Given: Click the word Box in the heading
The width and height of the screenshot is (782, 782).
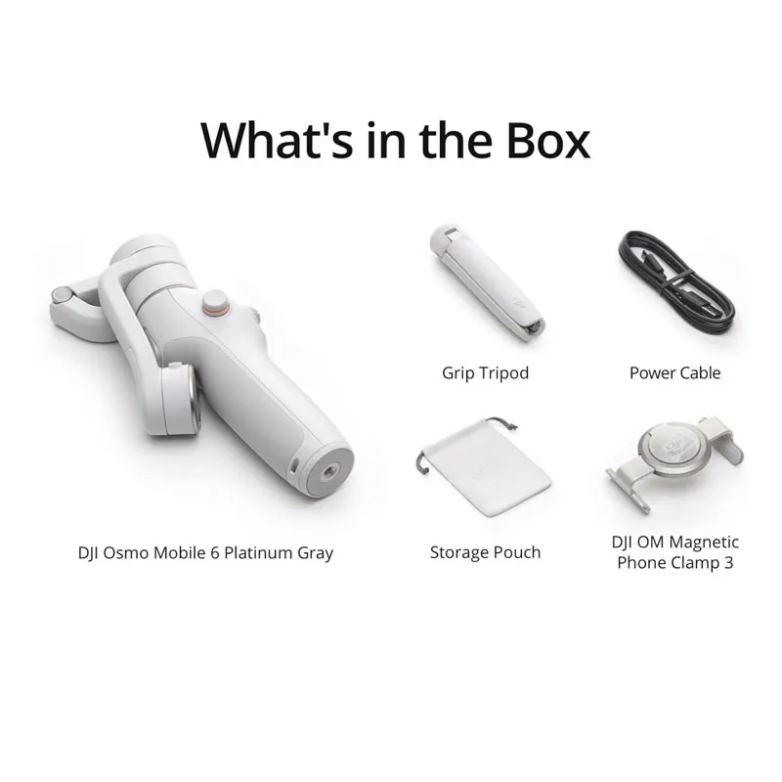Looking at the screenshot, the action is pyautogui.click(x=548, y=140).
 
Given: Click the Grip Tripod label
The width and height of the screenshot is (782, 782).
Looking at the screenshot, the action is pyautogui.click(x=485, y=373).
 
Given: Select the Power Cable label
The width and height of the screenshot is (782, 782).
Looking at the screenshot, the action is pyautogui.click(x=674, y=372).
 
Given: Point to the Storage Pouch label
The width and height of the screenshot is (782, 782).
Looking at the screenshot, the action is pyautogui.click(x=485, y=552).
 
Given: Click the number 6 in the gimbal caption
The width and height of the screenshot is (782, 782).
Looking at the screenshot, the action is pyautogui.click(x=214, y=552).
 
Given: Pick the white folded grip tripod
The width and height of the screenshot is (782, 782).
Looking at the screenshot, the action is pyautogui.click(x=486, y=282).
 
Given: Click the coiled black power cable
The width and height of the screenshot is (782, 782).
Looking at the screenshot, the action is pyautogui.click(x=675, y=282).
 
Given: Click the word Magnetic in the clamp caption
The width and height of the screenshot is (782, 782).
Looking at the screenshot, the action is pyautogui.click(x=703, y=543).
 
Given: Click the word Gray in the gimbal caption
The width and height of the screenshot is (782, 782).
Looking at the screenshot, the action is pyautogui.click(x=315, y=553).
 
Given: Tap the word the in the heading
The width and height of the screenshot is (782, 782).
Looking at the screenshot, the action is pyautogui.click(x=456, y=140).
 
